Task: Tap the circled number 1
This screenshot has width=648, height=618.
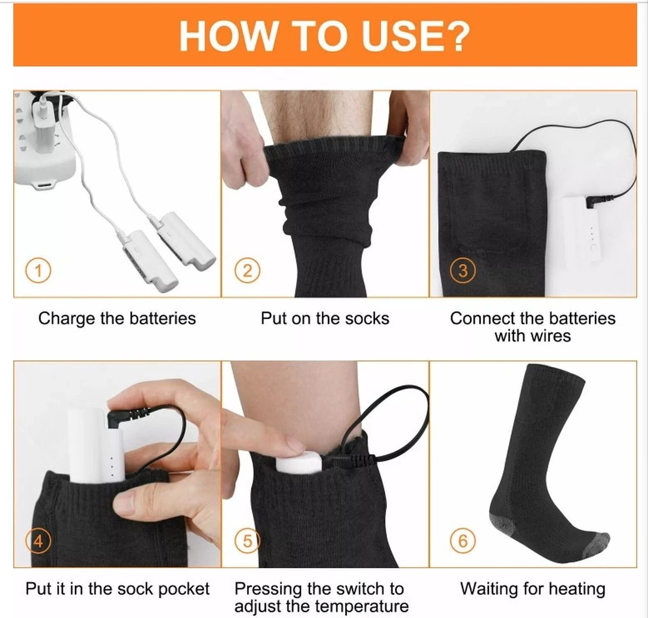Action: pyautogui.click(x=38, y=270)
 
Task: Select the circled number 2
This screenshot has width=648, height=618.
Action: pyautogui.click(x=247, y=270)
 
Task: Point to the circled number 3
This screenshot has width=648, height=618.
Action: pyautogui.click(x=462, y=270)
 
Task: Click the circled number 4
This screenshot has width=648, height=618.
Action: pyautogui.click(x=38, y=540)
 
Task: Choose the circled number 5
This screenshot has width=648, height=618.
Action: pyautogui.click(x=247, y=540)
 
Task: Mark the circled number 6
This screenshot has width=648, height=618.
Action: pyautogui.click(x=462, y=540)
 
